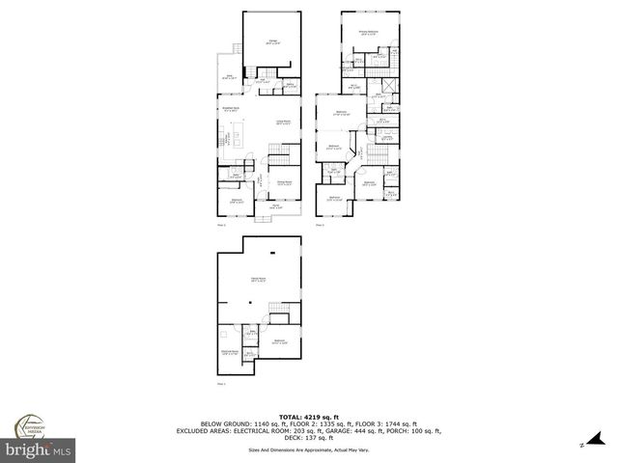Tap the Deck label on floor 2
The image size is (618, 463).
coord(231,76)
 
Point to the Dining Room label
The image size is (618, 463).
coord(285,182)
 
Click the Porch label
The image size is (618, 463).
coord(275,206)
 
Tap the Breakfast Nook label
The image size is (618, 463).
coord(233,108)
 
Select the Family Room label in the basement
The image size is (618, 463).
coord(260,279)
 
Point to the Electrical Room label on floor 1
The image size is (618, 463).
coord(230,352)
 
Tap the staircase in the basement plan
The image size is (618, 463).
coord(279,321)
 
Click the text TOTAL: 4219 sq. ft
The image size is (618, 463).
coord(309,416)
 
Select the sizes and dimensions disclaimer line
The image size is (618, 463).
coord(309,449)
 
